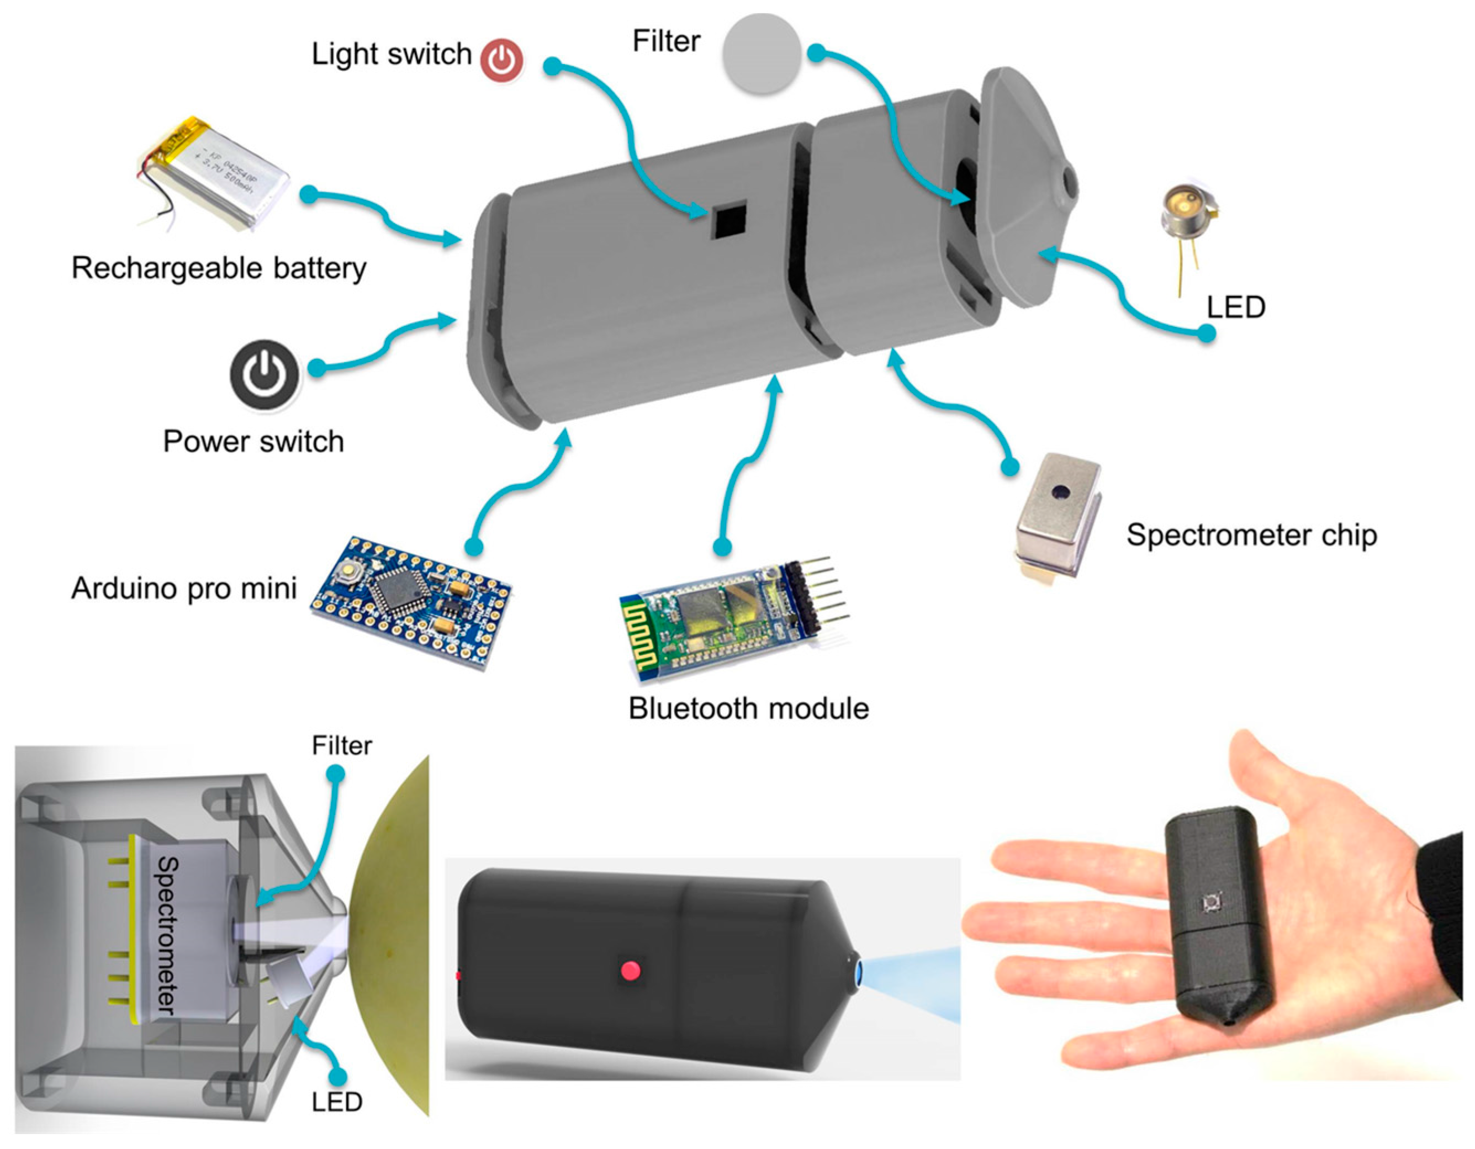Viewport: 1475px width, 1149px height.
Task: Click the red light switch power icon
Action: point(501,61)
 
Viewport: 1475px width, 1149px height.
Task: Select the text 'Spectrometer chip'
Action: point(1251,536)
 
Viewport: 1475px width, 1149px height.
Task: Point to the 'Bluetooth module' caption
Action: point(748,709)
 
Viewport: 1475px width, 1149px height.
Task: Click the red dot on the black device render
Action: point(631,971)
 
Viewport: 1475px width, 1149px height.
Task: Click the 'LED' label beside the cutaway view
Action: point(336,1103)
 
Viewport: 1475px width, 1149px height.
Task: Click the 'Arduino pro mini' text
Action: point(184,589)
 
